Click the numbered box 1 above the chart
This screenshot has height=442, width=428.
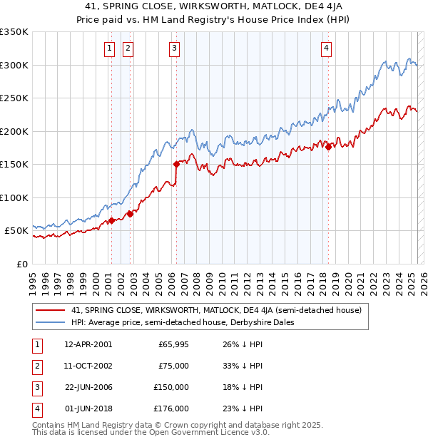(110, 48)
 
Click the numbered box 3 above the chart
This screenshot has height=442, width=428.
(175, 48)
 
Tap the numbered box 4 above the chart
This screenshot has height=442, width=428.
(326, 48)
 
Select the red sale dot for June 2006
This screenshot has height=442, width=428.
(175, 163)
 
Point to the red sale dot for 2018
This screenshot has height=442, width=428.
(328, 146)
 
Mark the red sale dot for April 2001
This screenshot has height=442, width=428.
(111, 220)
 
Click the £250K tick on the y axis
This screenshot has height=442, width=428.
(14, 98)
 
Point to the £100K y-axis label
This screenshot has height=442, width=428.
(14, 197)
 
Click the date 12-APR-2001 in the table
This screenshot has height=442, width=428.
(88, 344)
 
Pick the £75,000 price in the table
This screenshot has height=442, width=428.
(173, 366)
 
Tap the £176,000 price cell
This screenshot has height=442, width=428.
(172, 408)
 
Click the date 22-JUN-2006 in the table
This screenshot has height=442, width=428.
(88, 387)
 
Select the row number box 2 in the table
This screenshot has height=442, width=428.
(36, 366)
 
